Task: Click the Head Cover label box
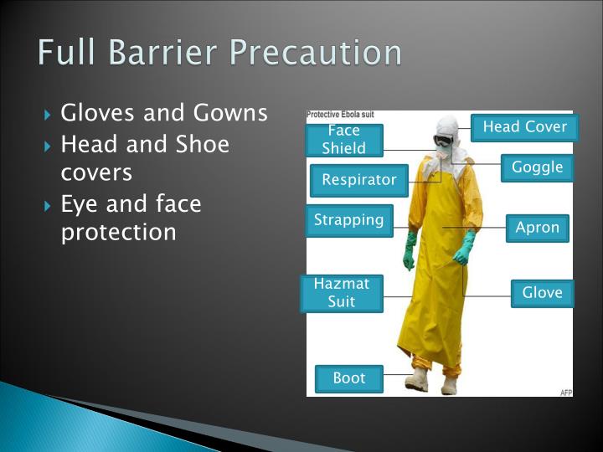coord(524,127)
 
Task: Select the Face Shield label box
coord(344,140)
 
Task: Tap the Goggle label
coord(537,167)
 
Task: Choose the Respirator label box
coord(358,180)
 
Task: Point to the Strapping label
coord(348,220)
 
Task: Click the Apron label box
coord(537,228)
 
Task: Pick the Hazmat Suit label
coord(341,293)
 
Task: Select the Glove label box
coord(542,293)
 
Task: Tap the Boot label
coord(348,378)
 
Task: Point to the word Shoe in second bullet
coord(202,144)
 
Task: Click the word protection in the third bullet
coord(118,232)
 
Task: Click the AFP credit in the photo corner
coord(565,392)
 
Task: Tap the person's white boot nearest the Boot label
coord(417,381)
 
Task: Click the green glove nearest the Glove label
coord(463,249)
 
